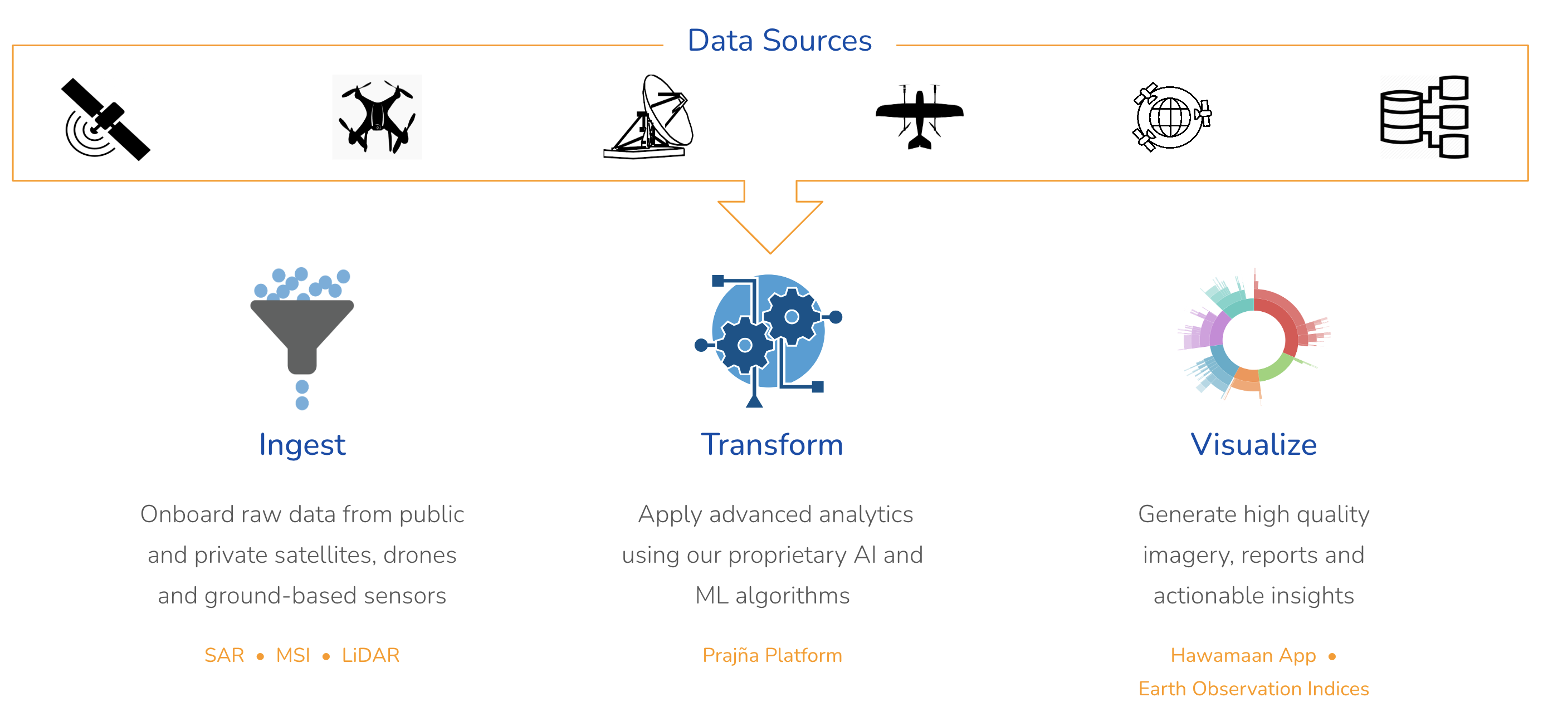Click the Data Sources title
click(x=779, y=41)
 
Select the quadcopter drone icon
click(x=377, y=117)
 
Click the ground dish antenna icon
click(x=650, y=117)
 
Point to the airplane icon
click(x=920, y=116)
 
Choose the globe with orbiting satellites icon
click(x=1171, y=117)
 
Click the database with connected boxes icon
click(x=1424, y=117)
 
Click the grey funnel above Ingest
click(x=302, y=332)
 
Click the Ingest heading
click(x=302, y=445)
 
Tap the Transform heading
click(x=772, y=445)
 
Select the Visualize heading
click(x=1254, y=445)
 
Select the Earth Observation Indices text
click(x=1254, y=689)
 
